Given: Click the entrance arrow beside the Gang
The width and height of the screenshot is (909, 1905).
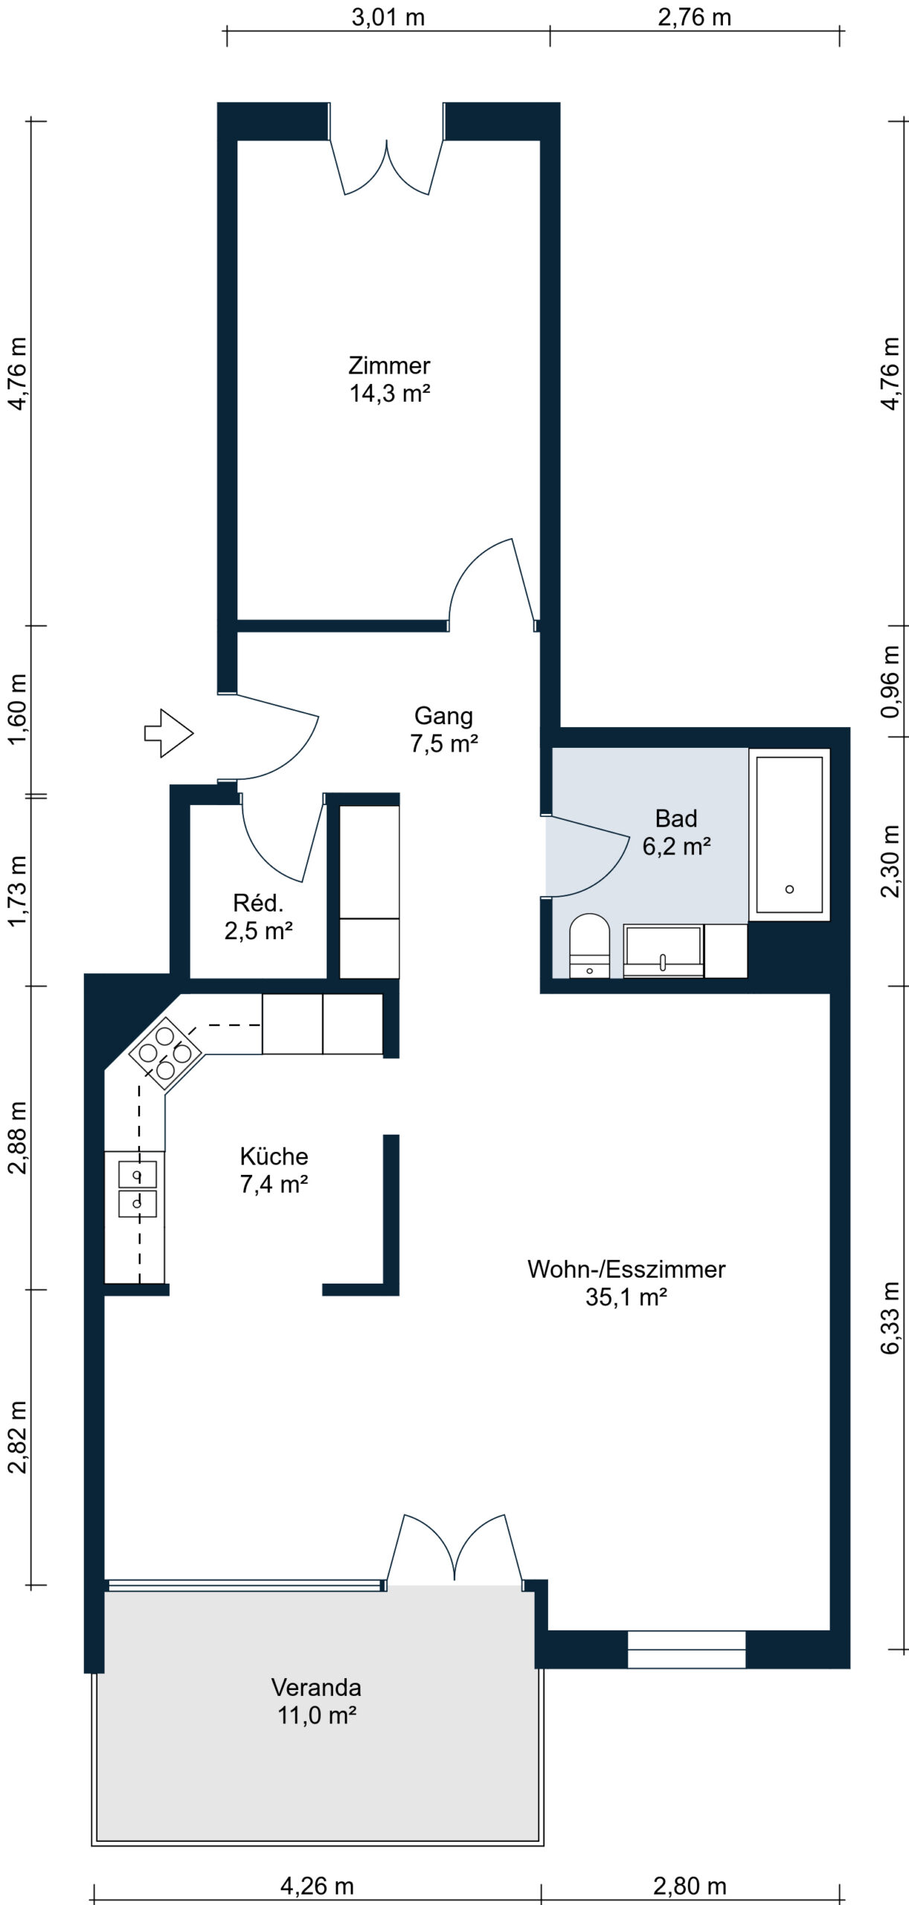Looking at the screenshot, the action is (x=169, y=733).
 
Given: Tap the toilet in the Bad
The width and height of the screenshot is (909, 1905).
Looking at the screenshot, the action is (x=589, y=945).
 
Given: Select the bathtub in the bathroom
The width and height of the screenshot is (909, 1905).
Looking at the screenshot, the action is (x=789, y=834).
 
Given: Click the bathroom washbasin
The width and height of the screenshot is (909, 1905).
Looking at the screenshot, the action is (x=663, y=950).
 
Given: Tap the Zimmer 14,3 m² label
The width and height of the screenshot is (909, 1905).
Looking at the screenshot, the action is (x=390, y=380).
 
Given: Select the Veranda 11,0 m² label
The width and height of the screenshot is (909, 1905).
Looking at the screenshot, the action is (x=317, y=1710).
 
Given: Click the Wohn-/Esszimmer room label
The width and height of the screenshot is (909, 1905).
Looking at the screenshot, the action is (x=626, y=1282).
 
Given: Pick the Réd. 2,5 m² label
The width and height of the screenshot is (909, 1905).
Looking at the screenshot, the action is (x=258, y=916).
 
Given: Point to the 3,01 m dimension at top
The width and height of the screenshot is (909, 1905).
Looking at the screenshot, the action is (x=388, y=18).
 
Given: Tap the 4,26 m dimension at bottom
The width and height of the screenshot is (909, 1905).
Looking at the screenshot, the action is (x=317, y=1886).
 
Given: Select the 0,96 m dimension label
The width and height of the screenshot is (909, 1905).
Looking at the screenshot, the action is (x=890, y=682).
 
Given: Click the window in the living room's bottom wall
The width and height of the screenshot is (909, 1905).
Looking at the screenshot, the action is (x=687, y=1650).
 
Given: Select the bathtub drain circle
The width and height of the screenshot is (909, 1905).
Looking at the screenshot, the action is (x=789, y=889).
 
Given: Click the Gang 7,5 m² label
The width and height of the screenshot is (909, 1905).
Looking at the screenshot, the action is (x=444, y=729).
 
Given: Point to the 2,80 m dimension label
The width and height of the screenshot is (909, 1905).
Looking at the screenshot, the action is (x=690, y=1886).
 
